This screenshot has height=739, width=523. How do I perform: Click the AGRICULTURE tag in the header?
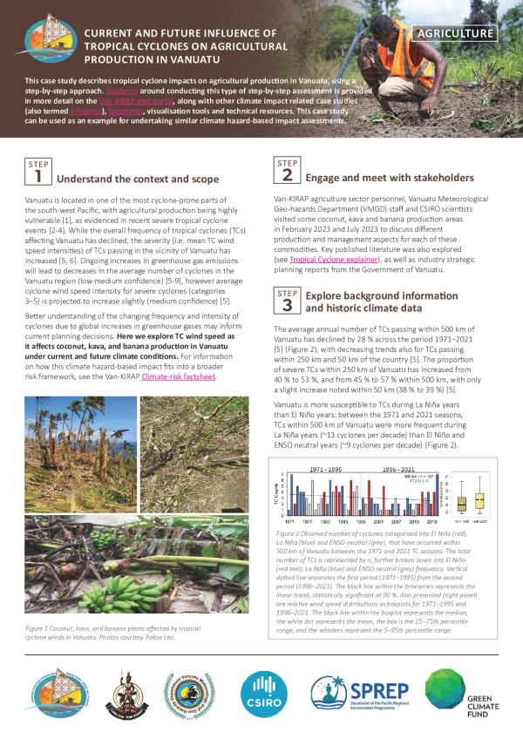456,34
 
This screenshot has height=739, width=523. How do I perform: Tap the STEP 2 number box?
286,173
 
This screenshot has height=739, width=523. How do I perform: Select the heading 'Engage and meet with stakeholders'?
390,178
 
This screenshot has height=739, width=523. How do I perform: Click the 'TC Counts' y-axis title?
275,496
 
